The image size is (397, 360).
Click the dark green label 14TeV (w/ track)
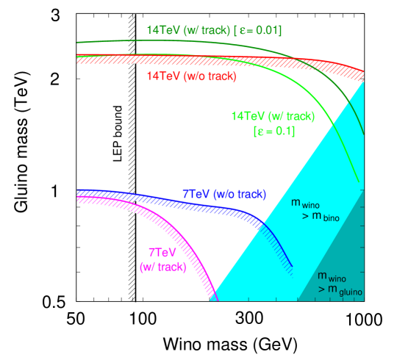coord(188,31)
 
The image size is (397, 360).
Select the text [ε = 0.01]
coord(257,31)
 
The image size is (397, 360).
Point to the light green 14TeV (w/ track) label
coord(272,116)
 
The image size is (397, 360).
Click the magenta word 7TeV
coord(162,252)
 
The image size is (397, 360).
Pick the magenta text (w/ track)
coord(162,267)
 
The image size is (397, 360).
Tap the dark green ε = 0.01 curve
coord(221,43)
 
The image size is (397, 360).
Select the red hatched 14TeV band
coord(221,60)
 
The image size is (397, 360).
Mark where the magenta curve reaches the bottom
coord(213,298)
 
